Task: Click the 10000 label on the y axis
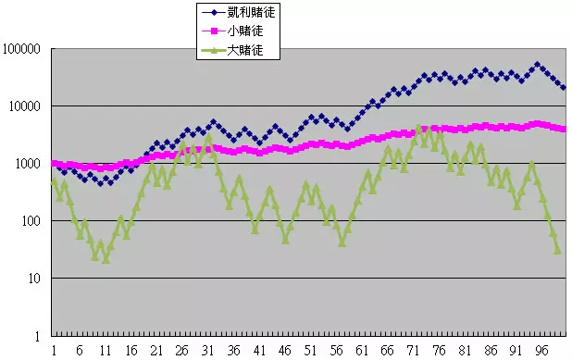[x=29, y=106]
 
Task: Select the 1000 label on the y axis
[x=31, y=164]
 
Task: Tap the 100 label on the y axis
[x=34, y=221]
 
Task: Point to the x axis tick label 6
[x=80, y=351]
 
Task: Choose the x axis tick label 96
[x=542, y=351]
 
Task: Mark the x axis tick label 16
[x=131, y=351]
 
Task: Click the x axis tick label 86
[x=491, y=351]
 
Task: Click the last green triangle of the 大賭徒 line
[x=557, y=250]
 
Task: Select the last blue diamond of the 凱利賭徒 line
[x=563, y=88]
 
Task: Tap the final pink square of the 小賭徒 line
[x=563, y=130]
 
